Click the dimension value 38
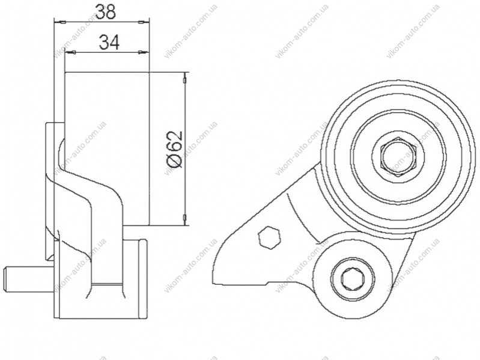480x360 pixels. click(x=105, y=12)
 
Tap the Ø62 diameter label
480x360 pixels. click(x=175, y=150)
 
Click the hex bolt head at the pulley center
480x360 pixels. click(x=398, y=157)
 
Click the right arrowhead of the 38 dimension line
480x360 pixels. click(x=143, y=22)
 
